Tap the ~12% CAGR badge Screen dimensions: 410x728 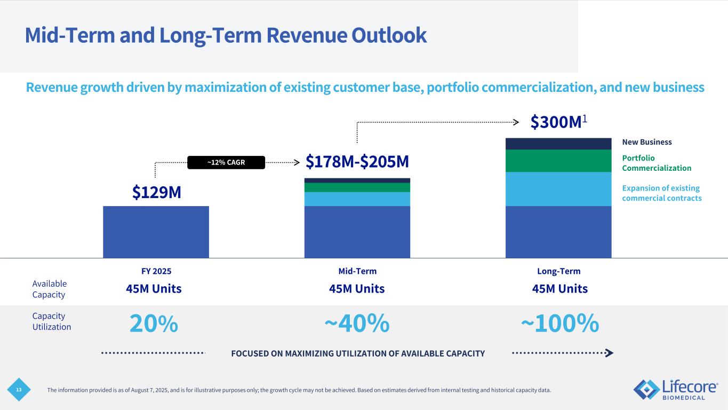(227, 162)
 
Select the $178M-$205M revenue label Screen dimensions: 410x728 (357, 161)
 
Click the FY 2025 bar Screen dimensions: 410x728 (156, 232)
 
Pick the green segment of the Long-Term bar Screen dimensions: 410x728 (558, 161)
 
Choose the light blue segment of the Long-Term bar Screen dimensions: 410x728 (558, 189)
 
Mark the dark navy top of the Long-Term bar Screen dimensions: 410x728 (558, 144)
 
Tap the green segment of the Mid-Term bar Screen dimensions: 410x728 (357, 187)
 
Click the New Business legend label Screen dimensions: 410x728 (647, 142)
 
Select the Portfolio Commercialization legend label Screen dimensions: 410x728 (657, 163)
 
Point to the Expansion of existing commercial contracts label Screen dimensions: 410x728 (661, 193)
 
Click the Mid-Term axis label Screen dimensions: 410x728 (357, 271)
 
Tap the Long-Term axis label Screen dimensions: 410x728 (558, 271)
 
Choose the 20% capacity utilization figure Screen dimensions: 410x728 (154, 324)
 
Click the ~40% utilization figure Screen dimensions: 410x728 (357, 324)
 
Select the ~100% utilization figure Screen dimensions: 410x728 (559, 324)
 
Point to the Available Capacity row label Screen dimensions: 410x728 (50, 289)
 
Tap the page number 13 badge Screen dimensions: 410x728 (19, 390)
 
